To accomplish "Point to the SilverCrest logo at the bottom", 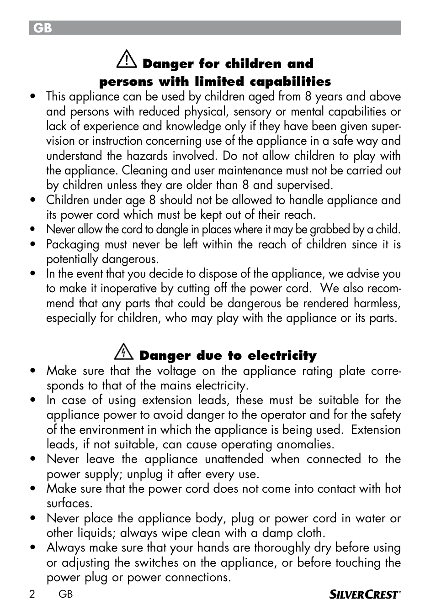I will point(365,594).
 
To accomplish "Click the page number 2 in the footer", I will point(32,594).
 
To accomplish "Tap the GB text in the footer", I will point(66,594).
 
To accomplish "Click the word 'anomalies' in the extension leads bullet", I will point(303,444).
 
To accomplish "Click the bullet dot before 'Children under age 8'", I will point(32,200).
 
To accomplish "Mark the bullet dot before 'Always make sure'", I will point(32,548).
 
